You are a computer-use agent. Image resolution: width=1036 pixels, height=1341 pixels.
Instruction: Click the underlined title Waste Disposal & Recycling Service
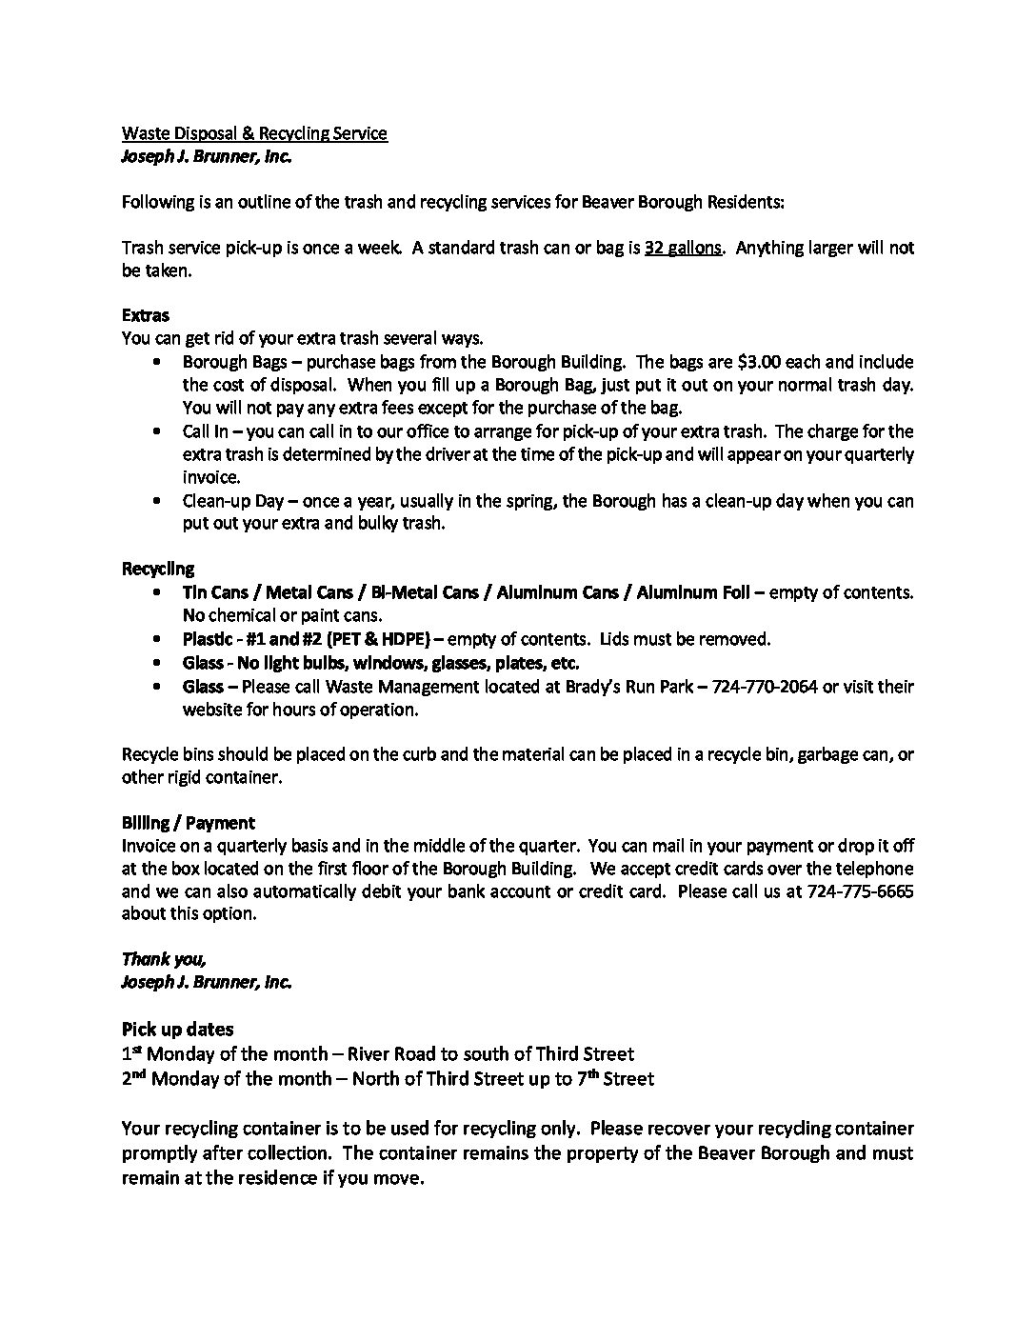(x=254, y=133)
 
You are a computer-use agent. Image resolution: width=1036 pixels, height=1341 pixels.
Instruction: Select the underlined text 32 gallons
(x=684, y=248)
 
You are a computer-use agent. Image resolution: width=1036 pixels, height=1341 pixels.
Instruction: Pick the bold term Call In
(x=205, y=431)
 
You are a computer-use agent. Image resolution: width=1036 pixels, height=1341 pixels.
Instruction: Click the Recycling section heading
(x=158, y=570)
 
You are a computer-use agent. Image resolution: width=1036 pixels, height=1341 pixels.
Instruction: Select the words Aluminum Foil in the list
(x=692, y=592)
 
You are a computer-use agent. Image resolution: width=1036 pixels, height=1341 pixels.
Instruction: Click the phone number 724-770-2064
(x=765, y=687)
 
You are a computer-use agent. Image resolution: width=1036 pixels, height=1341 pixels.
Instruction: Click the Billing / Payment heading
(x=189, y=823)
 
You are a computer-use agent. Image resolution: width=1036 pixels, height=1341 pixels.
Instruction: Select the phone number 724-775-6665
(x=860, y=891)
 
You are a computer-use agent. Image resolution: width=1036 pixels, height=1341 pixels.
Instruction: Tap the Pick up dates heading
(x=178, y=1029)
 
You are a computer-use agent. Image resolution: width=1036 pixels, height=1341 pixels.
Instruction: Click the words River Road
(x=391, y=1054)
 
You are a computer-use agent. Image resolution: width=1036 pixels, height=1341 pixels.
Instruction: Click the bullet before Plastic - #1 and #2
(x=157, y=639)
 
